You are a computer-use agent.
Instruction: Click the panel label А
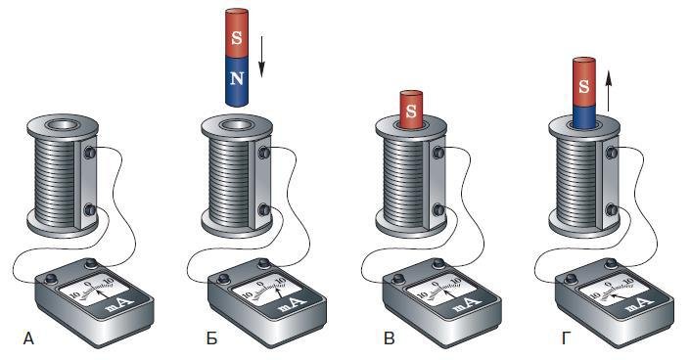click(x=28, y=338)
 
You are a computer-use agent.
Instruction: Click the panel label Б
click(x=211, y=338)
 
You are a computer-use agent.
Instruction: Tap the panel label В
click(x=389, y=338)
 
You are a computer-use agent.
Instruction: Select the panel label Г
click(x=567, y=338)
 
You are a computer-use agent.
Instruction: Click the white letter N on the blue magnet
click(x=237, y=78)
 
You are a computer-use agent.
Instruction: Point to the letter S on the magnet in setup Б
click(x=237, y=38)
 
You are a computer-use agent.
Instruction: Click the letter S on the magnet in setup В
click(x=411, y=111)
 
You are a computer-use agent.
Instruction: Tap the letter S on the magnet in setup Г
click(x=584, y=86)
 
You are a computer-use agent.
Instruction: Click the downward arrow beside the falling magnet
click(x=261, y=57)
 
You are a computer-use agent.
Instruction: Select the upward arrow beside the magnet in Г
click(x=608, y=92)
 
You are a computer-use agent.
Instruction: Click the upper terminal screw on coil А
click(x=90, y=153)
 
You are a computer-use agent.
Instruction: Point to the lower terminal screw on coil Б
click(x=264, y=210)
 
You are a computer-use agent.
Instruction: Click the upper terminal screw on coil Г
click(x=612, y=153)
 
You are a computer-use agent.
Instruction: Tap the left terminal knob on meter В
click(x=398, y=279)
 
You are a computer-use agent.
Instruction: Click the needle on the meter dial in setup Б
click(x=278, y=292)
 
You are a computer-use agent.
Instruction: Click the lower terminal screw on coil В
click(x=438, y=210)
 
